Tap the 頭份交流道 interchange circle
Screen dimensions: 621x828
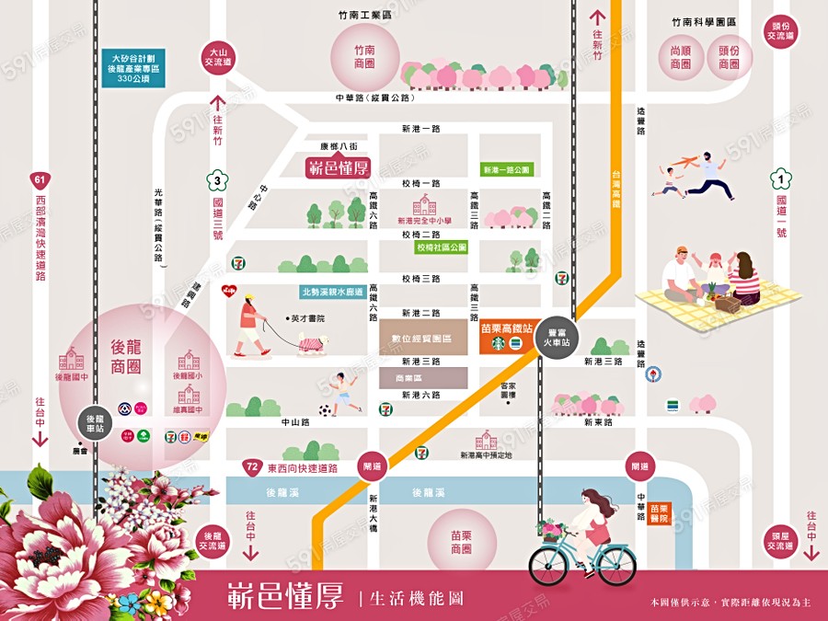click(781, 31)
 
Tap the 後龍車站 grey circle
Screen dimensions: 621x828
click(93, 423)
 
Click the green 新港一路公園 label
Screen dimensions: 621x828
click(507, 170)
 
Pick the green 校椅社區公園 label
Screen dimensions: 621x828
click(442, 247)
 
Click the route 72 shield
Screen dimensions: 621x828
click(251, 467)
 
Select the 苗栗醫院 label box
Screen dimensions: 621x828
click(659, 512)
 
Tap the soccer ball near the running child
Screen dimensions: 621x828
click(326, 410)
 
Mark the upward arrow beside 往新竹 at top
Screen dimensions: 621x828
click(597, 17)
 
